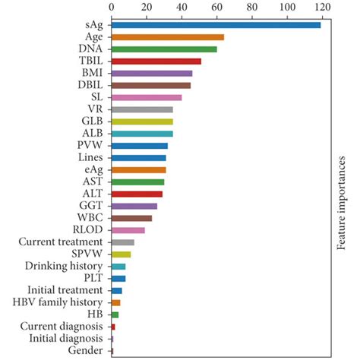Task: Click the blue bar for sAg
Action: click(216, 25)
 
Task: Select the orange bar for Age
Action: click(168, 37)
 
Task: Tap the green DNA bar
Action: click(164, 49)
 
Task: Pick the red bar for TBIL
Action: click(156, 62)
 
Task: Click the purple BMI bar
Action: click(152, 74)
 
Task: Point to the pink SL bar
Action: click(147, 97)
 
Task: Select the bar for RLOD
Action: click(128, 230)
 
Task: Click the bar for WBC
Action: click(131, 218)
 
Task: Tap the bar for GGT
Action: click(134, 206)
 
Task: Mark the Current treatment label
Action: click(62, 242)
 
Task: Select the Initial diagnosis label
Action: click(68, 338)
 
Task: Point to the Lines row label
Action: click(90, 157)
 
